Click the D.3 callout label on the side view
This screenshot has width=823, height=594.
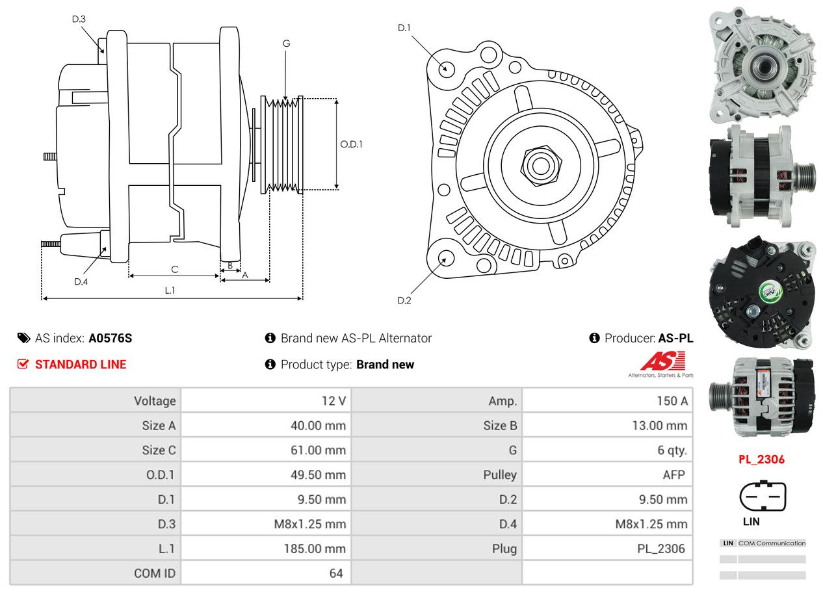coord(79,19)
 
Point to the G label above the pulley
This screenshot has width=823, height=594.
coord(286,44)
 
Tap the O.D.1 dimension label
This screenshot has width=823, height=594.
coord(352,144)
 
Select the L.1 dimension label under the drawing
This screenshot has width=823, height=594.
coord(170,291)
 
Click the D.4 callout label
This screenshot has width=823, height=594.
coord(81,281)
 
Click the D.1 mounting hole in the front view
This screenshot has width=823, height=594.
coord(446,68)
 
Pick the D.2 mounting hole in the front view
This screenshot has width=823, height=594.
coord(446,258)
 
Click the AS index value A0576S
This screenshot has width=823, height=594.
coord(111,338)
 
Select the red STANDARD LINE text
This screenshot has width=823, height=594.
coord(81,365)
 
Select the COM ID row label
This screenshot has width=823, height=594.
coord(155,573)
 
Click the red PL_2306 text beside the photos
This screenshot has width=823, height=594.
coord(761,459)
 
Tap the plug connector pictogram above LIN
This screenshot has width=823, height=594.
coord(763,496)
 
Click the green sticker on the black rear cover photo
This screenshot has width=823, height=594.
coord(769,291)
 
